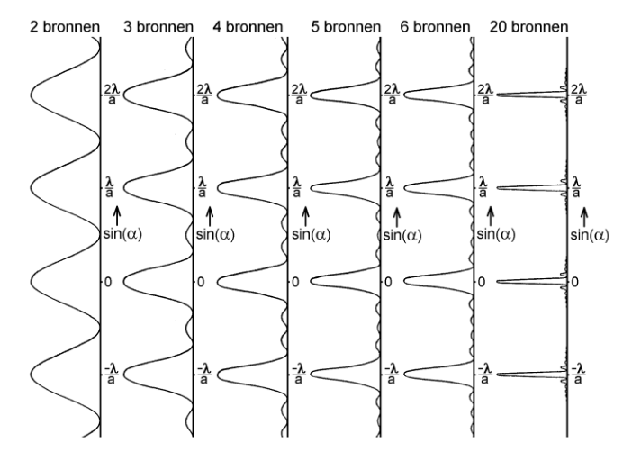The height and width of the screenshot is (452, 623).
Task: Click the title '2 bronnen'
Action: click(x=65, y=27)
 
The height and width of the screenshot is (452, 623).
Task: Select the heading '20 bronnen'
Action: click(x=528, y=27)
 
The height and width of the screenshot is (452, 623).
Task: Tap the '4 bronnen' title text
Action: click(x=248, y=27)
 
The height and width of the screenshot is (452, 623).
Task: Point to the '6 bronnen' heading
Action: click(x=435, y=27)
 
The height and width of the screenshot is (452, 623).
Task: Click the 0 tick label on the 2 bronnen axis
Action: click(x=108, y=282)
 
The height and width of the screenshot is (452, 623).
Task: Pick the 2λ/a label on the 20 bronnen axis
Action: click(x=579, y=95)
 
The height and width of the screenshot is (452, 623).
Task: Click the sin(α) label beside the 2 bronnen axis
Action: click(x=122, y=234)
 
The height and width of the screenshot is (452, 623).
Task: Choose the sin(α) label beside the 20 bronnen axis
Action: click(x=590, y=234)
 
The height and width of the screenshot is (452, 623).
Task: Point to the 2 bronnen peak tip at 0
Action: click(x=31, y=282)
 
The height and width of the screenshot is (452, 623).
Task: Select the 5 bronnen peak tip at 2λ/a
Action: click(x=311, y=95)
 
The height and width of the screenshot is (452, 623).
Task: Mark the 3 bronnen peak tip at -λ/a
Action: click(x=123, y=375)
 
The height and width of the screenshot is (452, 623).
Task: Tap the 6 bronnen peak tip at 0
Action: click(x=404, y=281)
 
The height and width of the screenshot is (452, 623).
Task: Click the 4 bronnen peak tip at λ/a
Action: click(x=218, y=187)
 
